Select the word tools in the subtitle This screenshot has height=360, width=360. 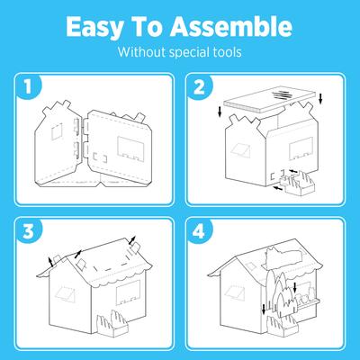point(223,51)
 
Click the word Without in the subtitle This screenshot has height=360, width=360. point(140,51)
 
